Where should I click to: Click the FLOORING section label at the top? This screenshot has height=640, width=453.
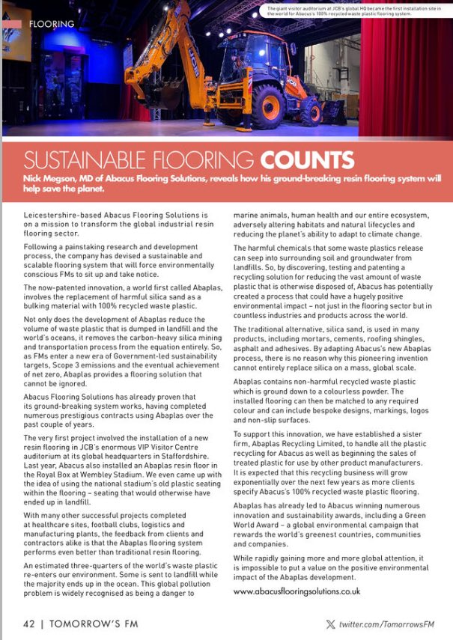(51, 24)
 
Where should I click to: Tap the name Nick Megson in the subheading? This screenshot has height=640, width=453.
(55, 180)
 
